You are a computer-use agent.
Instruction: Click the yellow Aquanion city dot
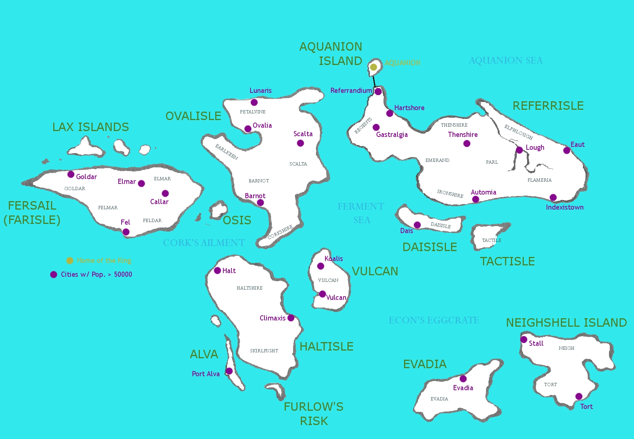point(373,67)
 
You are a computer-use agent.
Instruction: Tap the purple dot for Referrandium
point(378,91)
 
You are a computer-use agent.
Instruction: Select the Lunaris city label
point(260,91)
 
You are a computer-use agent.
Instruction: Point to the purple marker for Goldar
point(71,174)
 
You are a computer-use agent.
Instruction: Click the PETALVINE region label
point(252,112)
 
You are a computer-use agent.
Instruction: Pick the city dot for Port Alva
point(229,371)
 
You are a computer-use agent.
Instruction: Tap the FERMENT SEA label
point(361,213)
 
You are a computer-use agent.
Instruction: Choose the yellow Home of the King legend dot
point(69,261)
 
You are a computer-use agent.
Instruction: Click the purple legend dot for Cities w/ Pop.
point(54,275)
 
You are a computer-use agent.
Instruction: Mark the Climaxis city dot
point(291,318)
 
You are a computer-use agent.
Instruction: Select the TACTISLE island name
point(507,261)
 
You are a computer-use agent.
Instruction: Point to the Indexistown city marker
point(553,197)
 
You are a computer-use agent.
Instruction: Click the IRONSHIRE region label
point(450,193)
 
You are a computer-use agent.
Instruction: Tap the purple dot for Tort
point(579,396)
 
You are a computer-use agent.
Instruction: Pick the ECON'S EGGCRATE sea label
point(434,320)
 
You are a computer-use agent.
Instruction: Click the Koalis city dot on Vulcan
point(321,266)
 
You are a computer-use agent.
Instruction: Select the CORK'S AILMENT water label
point(204,243)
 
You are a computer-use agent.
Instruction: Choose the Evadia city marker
point(463,379)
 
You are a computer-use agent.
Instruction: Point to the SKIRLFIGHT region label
point(264,351)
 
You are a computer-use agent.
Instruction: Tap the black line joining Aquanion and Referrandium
point(374,81)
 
